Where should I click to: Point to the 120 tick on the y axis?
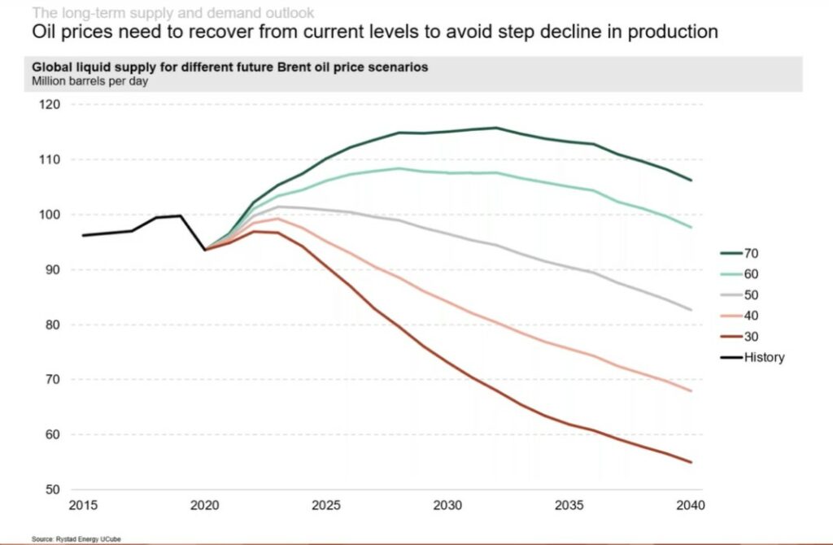50,105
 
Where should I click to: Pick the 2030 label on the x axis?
448,505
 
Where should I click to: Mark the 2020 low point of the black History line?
205,249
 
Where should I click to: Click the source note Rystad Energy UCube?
65,538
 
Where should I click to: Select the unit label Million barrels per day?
89,81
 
